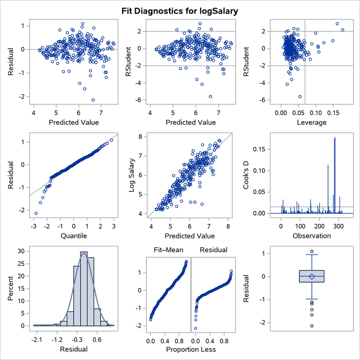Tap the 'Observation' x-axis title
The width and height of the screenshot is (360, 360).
click(x=312, y=236)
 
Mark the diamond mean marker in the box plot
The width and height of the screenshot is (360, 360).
click(x=312, y=276)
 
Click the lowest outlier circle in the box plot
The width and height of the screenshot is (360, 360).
click(x=312, y=326)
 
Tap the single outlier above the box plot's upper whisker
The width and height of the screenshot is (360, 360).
click(x=312, y=251)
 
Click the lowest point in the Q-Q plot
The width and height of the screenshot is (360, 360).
click(x=36, y=214)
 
